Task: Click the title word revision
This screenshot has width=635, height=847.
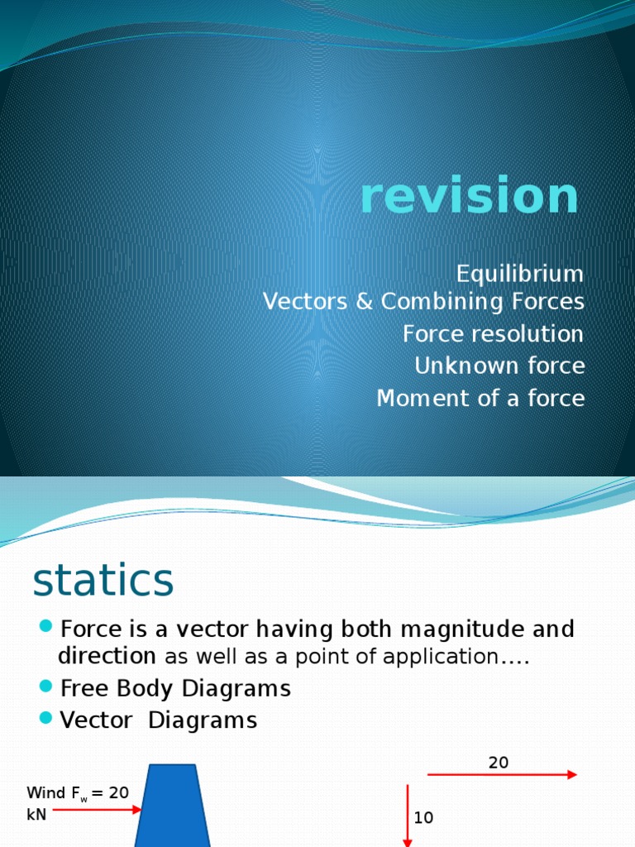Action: click(x=470, y=197)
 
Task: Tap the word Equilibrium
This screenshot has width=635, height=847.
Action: click(x=520, y=274)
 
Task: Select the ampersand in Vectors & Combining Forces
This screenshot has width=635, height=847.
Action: click(x=365, y=303)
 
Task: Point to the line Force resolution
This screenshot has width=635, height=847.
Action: click(x=493, y=334)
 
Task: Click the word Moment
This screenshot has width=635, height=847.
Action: click(x=417, y=399)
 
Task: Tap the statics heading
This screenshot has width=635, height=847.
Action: click(x=103, y=581)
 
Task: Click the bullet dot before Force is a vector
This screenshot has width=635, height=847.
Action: click(x=45, y=624)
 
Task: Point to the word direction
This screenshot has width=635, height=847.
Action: click(x=107, y=657)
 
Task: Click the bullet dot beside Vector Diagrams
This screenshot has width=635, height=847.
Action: click(x=45, y=716)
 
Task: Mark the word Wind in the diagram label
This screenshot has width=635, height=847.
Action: click(x=44, y=792)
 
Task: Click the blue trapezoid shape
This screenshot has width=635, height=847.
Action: click(x=173, y=806)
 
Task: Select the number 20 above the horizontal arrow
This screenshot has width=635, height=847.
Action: click(x=499, y=763)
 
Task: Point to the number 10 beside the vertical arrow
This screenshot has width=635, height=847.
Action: click(x=424, y=818)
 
